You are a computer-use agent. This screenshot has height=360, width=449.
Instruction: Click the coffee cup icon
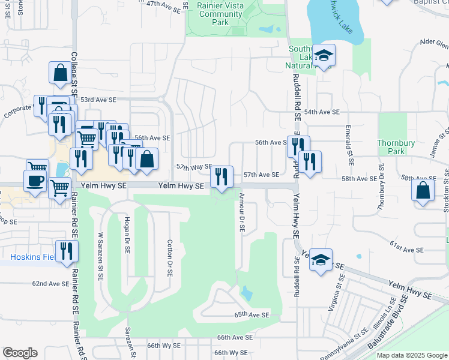[35, 180]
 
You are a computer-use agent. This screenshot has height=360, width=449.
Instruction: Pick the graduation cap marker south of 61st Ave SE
[321, 260]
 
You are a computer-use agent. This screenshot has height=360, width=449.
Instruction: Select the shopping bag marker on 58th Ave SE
[423, 191]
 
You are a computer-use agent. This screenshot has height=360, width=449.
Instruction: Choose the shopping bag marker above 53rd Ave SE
[60, 73]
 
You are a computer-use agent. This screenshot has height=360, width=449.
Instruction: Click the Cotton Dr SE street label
[170, 255]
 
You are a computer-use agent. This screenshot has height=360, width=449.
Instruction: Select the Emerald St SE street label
[349, 145]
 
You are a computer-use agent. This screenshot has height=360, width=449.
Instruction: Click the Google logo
[20, 353]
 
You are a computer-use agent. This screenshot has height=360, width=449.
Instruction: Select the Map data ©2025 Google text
[412, 355]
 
